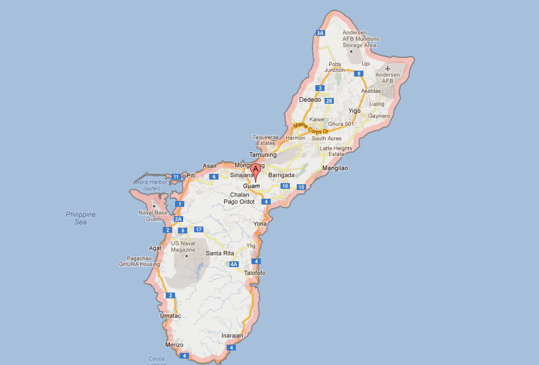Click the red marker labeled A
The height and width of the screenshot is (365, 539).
[x=255, y=170]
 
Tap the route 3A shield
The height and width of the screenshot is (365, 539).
[x=320, y=33]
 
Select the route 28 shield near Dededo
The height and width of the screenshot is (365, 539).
[x=329, y=101]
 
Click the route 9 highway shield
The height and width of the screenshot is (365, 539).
[x=359, y=74]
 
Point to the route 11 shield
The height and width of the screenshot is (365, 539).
[x=176, y=176]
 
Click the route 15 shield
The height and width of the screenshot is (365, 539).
[x=301, y=187]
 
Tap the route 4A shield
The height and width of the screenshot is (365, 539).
[x=234, y=264]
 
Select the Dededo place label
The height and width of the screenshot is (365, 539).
[x=309, y=100]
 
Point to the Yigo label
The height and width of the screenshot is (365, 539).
[x=354, y=111]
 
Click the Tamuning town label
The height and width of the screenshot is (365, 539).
[x=263, y=155]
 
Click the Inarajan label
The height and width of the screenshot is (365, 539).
[x=232, y=335]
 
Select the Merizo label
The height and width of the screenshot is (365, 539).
[x=174, y=345]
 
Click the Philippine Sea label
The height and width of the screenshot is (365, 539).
[x=81, y=218]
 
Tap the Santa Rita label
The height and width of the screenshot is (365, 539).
[x=220, y=254]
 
